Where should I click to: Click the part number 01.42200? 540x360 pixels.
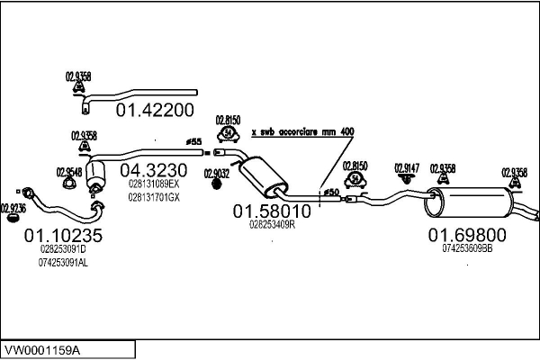pos(156,111)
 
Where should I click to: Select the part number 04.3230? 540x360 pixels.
pos(154,169)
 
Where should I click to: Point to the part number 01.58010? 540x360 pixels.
pos(272,211)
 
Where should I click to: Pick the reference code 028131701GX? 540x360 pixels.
pos(154,196)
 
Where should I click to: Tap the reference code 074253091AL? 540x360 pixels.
pos(63,262)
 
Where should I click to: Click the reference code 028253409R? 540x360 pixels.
pos(272,225)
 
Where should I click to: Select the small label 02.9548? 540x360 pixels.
pos(69,172)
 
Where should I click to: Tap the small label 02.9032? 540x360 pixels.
pos(216,174)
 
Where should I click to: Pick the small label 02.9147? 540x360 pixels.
pos(408,167)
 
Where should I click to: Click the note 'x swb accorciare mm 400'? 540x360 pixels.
pos(302,131)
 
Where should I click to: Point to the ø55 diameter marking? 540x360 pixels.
pos(193,142)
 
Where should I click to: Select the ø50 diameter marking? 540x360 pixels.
pos(330,192)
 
